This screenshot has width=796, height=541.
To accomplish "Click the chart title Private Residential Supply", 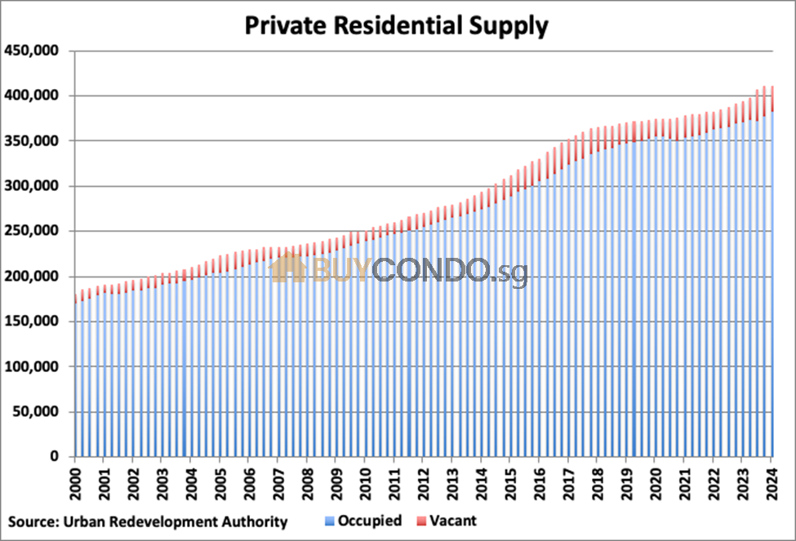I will point(398,25).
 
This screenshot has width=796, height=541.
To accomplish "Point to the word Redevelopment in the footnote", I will point(164,521).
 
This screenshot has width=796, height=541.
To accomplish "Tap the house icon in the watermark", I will point(287,268).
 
